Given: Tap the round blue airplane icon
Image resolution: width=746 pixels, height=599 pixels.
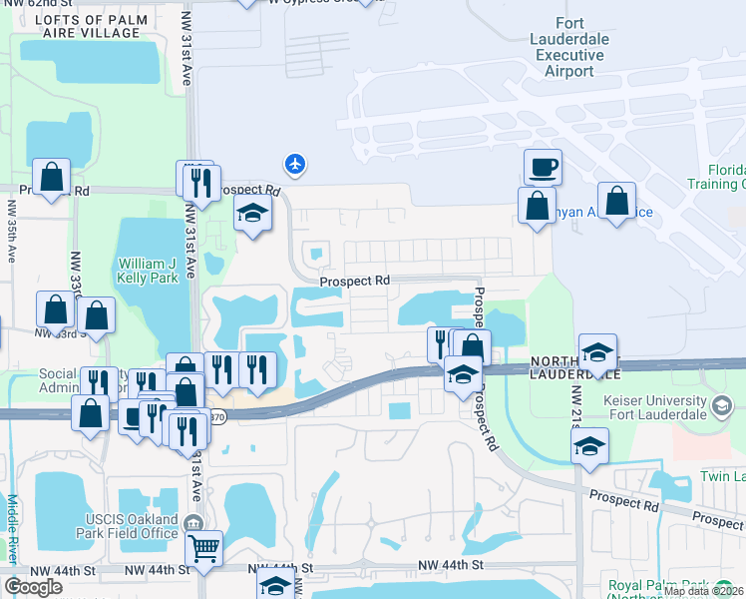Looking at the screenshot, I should pos(294,163).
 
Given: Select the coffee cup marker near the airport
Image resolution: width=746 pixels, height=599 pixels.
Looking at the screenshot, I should pos(542,168).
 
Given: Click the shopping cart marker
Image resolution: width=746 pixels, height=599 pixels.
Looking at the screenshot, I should pos(203,546).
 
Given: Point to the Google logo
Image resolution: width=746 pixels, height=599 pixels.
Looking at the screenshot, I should pos(33,587).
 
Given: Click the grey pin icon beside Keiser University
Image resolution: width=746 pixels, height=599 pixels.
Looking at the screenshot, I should pos(725,405).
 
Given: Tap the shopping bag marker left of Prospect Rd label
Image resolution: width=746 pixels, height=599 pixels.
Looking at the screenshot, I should pos(52,179).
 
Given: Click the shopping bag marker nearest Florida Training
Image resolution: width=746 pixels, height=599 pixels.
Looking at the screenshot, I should pos(617,201).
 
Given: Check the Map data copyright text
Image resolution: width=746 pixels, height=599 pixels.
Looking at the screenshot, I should pos(703,591).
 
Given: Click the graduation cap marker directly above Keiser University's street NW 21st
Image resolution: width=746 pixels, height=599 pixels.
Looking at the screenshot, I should pos(590,446).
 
